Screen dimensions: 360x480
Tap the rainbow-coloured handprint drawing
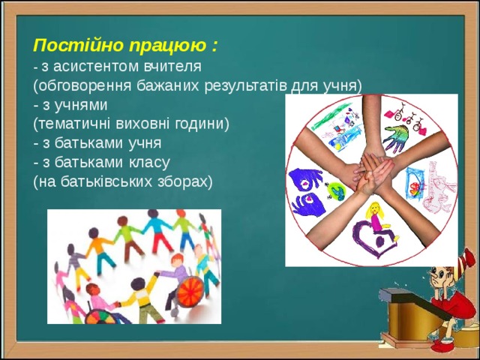click(394, 137)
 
